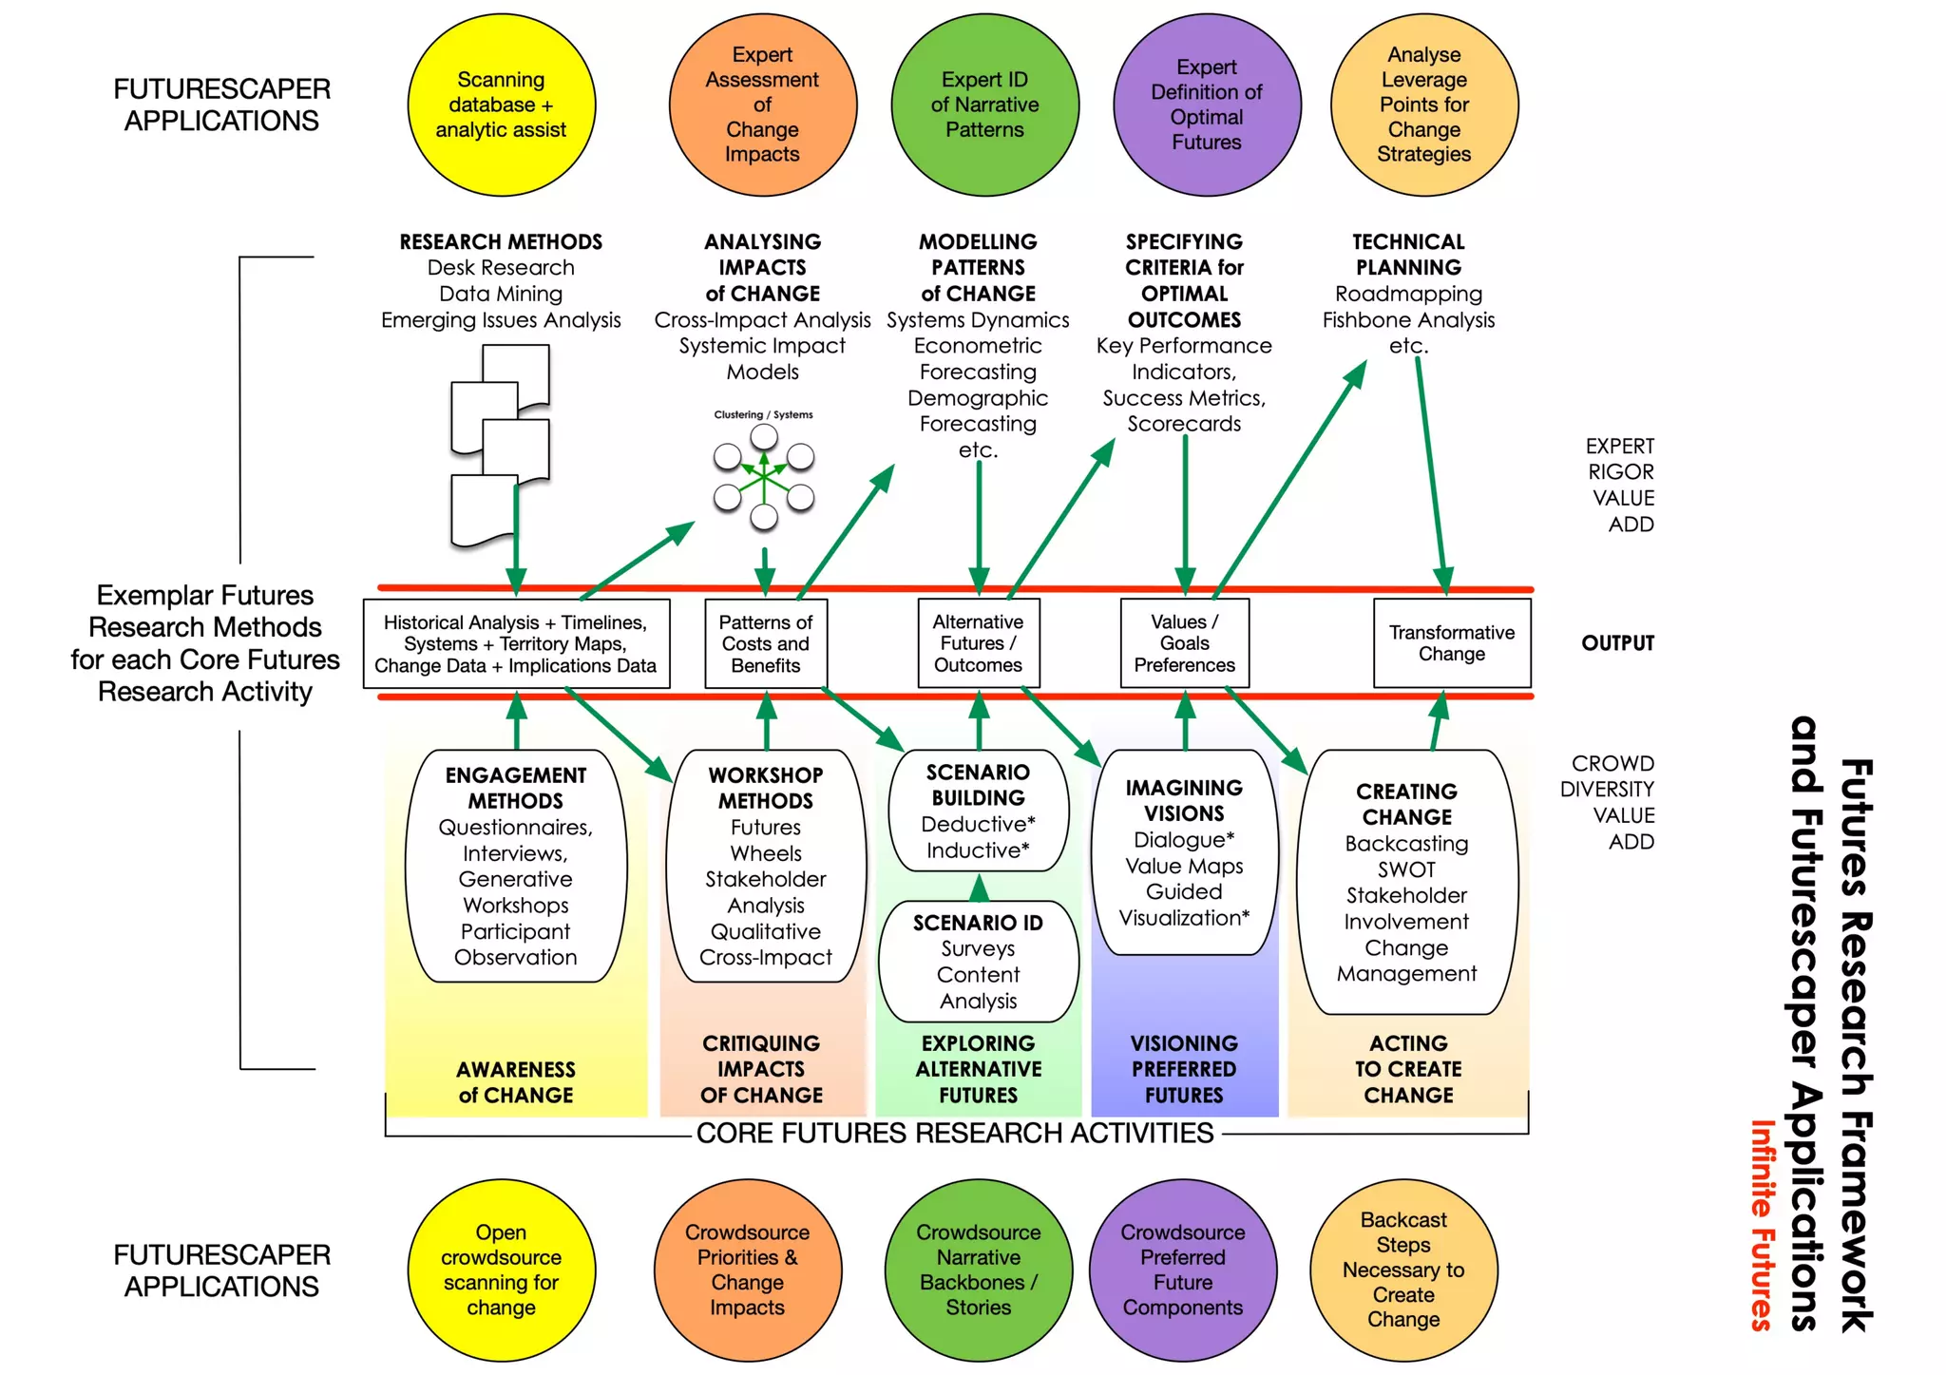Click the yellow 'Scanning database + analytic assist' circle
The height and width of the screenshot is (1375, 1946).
point(501,105)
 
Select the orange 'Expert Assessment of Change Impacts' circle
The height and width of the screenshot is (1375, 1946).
point(762,105)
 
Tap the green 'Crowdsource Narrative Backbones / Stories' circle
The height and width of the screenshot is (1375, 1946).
point(978,1270)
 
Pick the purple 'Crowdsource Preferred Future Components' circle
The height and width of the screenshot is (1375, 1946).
point(1182,1270)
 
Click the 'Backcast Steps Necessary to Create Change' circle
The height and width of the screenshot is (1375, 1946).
point(1402,1270)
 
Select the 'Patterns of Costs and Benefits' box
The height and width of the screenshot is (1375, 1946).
point(765,643)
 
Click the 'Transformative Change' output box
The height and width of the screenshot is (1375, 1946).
point(1451,643)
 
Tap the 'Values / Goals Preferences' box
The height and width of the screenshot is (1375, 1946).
point(1184,643)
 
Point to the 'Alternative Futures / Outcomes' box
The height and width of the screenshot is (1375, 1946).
point(978,643)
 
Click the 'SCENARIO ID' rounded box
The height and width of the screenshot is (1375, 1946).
point(978,961)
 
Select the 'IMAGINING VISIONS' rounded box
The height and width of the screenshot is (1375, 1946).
point(1184,852)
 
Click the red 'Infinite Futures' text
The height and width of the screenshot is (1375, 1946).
point(1762,1225)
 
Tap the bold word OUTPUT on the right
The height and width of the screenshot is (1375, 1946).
point(1617,643)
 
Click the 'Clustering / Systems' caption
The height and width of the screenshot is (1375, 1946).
point(763,414)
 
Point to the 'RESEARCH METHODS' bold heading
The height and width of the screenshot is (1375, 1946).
point(501,242)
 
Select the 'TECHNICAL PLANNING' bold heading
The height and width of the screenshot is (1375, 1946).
point(1408,255)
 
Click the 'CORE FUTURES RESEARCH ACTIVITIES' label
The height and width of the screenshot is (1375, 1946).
point(954,1133)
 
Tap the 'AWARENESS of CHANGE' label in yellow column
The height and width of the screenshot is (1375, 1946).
point(515,1082)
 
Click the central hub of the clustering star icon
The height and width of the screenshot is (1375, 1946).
point(764,477)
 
